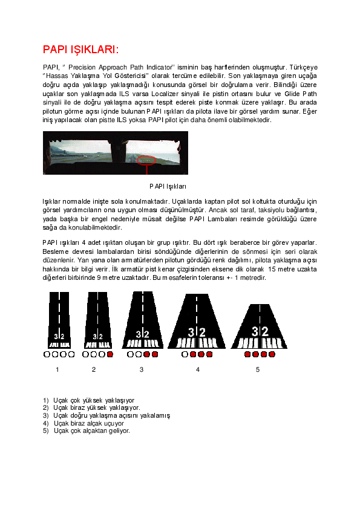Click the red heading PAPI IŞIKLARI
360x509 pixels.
pos(80,49)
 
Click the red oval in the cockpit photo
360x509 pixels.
pos(146,160)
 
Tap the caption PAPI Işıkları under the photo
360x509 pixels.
pos(168,186)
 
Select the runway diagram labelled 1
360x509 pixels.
pos(59,320)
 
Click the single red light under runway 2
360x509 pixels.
pos(110,354)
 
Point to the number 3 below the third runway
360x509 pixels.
pos(142,369)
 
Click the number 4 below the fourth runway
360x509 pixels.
pos(197,369)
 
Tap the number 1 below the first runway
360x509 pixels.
pos(57,369)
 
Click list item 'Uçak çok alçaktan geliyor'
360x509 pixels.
pos(91,431)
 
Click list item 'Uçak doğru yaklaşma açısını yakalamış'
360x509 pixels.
pos(111,415)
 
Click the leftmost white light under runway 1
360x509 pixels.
pos(47,354)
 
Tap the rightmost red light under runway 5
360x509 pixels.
pos(272,354)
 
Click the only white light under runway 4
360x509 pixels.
pos(185,354)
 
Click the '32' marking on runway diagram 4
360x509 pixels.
pos(197,332)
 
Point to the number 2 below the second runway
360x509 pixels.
pos(94,369)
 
